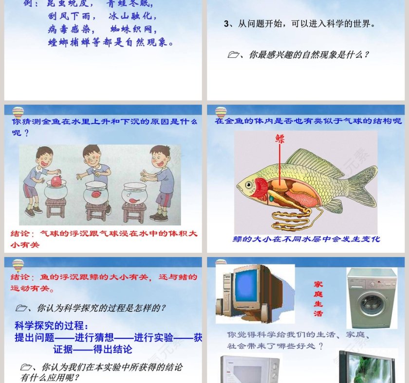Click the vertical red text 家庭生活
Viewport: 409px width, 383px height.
click(x=318, y=298)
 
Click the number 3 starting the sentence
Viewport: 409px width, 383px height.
click(x=226, y=24)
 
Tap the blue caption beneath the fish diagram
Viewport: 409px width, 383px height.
click(x=306, y=239)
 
